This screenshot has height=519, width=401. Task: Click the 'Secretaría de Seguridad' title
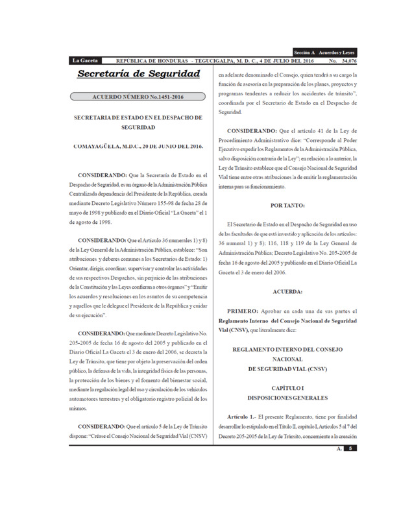coord(139,75)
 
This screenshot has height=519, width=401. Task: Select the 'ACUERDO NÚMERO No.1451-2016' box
coord(138,98)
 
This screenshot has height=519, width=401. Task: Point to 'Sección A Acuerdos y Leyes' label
coord(323,52)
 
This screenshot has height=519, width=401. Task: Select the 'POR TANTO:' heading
coord(284,205)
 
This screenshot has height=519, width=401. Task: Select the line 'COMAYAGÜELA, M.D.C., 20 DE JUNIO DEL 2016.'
coord(139,147)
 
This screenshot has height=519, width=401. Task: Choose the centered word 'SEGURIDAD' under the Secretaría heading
coord(139,128)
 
